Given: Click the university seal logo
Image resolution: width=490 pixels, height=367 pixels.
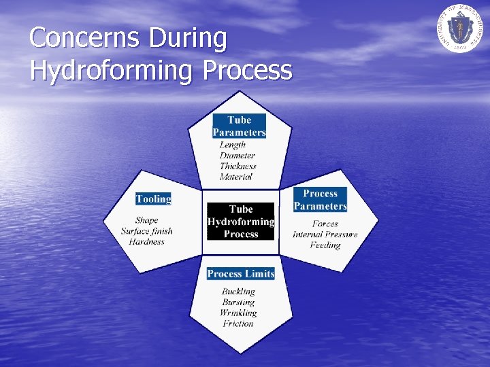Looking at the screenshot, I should [x=460, y=29].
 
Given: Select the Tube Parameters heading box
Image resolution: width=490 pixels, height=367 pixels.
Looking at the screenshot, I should [x=239, y=126].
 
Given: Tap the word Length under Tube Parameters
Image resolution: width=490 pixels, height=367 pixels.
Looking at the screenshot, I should [x=233, y=145].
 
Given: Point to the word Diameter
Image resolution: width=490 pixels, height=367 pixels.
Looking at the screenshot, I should [x=238, y=156].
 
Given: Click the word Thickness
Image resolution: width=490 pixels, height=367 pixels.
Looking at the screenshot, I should [x=238, y=166].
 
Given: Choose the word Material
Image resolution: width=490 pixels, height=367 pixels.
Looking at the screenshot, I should [x=235, y=177].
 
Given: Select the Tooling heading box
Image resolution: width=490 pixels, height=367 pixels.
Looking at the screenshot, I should [x=153, y=199].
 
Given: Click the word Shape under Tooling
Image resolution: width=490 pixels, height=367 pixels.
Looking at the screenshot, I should [x=146, y=220].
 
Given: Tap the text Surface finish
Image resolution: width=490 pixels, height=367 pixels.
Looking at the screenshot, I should [x=147, y=231].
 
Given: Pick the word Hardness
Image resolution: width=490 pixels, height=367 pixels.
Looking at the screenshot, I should [x=147, y=241].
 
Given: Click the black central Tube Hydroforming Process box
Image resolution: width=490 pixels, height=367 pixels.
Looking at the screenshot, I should [x=241, y=222].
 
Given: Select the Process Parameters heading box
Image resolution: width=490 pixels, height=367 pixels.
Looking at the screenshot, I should [x=320, y=200].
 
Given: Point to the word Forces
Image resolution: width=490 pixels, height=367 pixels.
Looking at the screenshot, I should [x=325, y=224].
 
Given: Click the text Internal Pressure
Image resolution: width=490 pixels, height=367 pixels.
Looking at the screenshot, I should [x=325, y=234].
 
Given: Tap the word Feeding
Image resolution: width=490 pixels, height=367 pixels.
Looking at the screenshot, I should [x=325, y=245].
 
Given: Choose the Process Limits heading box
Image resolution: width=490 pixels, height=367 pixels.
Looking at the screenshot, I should [x=241, y=274].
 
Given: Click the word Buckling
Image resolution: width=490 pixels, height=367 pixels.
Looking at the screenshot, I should [x=238, y=292].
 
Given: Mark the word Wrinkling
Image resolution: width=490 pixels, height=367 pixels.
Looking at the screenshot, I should [x=238, y=313].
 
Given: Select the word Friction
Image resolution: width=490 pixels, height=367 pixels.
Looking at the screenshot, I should [x=238, y=324].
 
